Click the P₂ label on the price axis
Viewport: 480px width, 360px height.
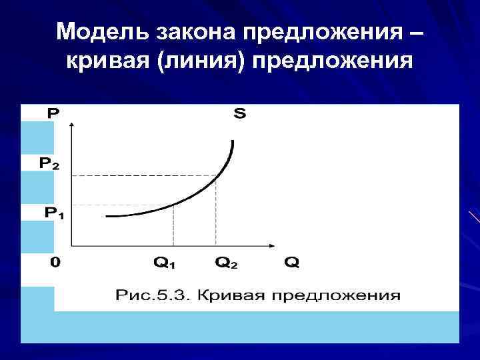(49, 163)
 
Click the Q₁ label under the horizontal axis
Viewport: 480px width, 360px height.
(164, 262)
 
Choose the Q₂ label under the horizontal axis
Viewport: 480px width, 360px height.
(226, 262)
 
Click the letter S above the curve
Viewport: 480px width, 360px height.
(239, 114)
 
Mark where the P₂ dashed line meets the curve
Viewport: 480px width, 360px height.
(216, 176)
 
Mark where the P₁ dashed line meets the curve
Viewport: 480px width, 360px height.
(174, 204)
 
